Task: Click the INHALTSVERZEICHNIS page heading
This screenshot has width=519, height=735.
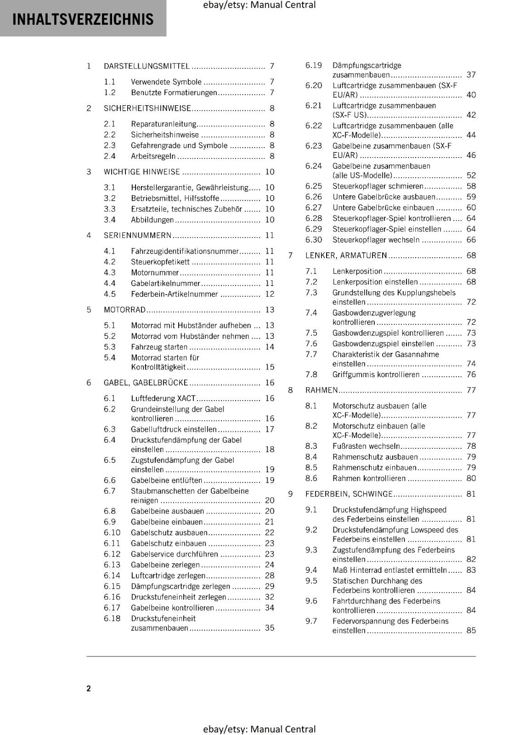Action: point(83,19)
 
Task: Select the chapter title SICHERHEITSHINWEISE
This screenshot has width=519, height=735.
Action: point(147,108)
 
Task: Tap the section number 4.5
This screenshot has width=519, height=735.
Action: point(109,294)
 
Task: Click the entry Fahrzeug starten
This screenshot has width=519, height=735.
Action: point(159,347)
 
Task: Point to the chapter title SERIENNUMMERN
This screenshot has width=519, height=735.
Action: point(137,236)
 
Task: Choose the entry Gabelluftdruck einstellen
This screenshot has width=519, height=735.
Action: point(174,429)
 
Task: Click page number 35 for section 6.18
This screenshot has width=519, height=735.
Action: point(270,628)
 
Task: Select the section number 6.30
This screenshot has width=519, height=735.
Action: point(314,240)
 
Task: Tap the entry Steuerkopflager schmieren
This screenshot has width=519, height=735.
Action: point(378,186)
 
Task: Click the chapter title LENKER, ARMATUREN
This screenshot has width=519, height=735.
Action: point(346,255)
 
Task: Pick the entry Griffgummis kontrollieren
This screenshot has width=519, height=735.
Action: point(376,374)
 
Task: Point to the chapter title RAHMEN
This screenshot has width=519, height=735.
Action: point(322,390)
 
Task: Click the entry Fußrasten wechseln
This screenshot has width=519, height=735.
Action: point(366,446)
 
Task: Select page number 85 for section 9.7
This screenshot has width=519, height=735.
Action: point(471,631)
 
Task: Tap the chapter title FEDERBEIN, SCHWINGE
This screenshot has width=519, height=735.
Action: point(349,494)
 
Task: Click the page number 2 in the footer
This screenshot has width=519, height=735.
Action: point(89,688)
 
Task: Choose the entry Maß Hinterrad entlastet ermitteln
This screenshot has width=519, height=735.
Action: point(389,570)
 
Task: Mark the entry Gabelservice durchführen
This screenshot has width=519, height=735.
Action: point(174,554)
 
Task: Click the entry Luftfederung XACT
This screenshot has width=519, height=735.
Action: point(163,398)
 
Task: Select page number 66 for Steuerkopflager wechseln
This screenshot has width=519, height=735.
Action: point(471,240)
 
